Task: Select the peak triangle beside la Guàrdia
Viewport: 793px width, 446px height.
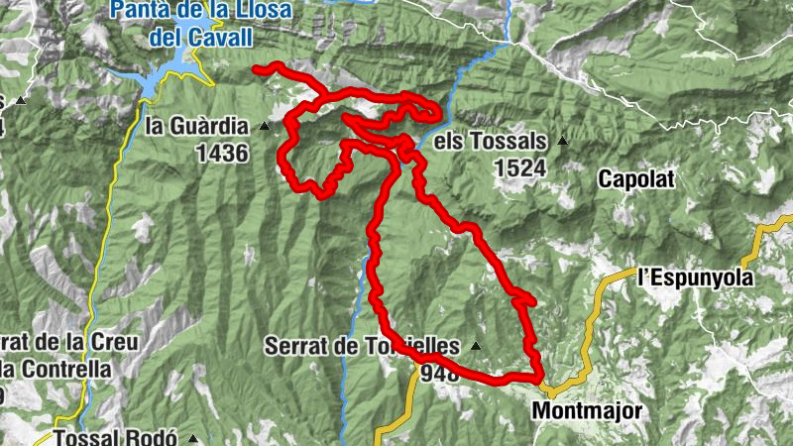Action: coord(264,127)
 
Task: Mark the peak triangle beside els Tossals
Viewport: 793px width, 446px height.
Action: coord(563,141)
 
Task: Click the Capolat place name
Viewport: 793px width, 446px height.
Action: coord(636,179)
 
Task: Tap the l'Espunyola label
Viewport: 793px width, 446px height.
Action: coord(696,279)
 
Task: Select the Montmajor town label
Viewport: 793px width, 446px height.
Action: coord(588,409)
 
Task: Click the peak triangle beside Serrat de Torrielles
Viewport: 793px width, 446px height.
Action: coord(476,347)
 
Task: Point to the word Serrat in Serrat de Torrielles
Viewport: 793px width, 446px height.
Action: coord(295,347)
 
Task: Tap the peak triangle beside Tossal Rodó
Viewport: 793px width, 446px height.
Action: coord(194,438)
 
